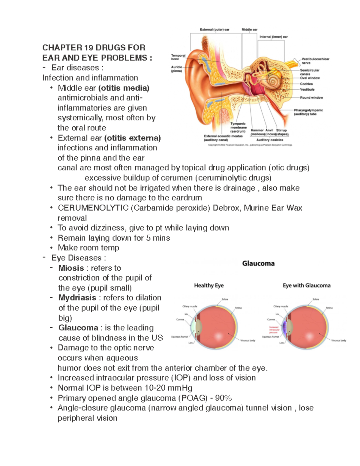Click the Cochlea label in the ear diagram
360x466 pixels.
click(306, 84)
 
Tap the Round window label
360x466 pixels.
click(311, 98)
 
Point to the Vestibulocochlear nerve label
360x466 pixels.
click(315, 61)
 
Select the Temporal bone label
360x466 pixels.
click(178, 57)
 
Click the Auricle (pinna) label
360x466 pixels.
click(177, 69)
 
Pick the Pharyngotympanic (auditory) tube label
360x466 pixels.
click(308, 112)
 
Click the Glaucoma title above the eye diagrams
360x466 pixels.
click(258, 263)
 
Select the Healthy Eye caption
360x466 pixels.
click(209, 285)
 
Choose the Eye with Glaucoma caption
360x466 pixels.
click(307, 285)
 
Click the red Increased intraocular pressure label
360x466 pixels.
click(274, 330)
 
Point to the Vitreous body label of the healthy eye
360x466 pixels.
click(248, 341)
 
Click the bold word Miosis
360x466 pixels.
click(71, 268)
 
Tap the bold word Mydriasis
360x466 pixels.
click(77, 298)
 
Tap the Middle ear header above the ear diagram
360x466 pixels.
click(250, 30)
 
